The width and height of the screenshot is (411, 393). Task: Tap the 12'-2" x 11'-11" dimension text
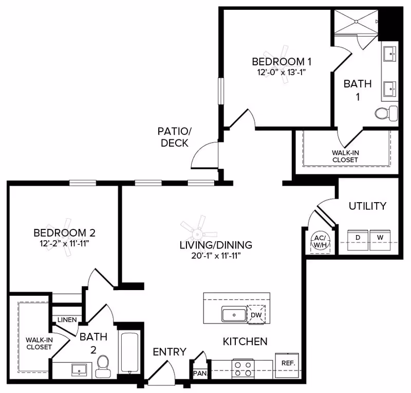pos(65,243)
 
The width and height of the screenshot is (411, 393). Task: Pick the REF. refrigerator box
pos(287,362)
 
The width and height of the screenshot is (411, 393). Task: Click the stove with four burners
pos(242,369)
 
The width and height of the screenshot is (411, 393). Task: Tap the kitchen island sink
pos(234,314)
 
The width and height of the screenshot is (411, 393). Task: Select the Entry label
pos(170,352)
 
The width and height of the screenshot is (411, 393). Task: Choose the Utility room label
pos(367,206)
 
